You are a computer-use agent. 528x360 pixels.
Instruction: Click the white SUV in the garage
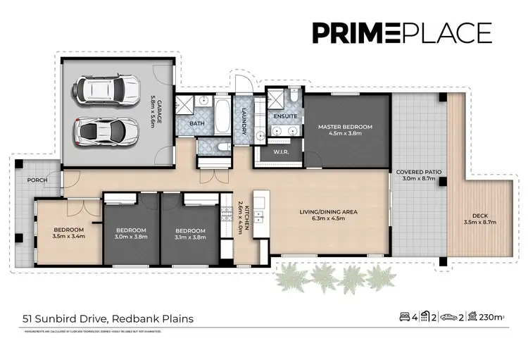click(107, 89)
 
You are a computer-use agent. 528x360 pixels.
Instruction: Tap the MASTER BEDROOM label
click(345, 127)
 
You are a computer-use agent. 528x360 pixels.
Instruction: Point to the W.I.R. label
click(279, 151)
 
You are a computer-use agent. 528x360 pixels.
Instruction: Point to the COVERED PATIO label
click(418, 172)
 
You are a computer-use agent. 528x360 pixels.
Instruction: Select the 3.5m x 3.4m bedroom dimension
click(69, 237)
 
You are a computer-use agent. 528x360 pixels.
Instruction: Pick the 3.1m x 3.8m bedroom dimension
click(190, 237)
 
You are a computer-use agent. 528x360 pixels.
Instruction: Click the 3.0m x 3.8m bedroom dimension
click(131, 237)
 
